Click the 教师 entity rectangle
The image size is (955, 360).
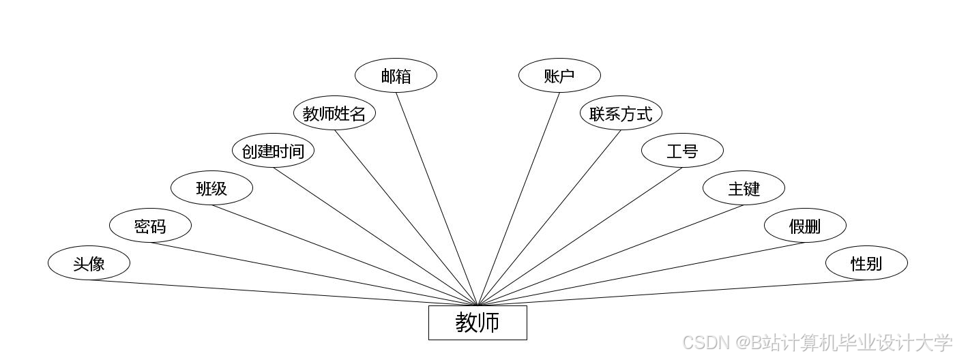click(x=477, y=322)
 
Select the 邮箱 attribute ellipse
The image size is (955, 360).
click(x=396, y=76)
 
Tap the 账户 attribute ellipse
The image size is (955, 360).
click(x=559, y=76)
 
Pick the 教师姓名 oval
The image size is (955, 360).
click(x=334, y=113)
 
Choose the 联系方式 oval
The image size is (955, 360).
click(x=621, y=113)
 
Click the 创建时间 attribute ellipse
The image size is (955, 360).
click(x=273, y=151)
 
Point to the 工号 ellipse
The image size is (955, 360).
click(x=682, y=151)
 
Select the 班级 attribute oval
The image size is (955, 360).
click(x=211, y=188)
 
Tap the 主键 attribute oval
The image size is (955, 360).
click(x=744, y=188)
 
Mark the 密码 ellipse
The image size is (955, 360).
click(x=150, y=226)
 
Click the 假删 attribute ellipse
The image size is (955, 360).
click(x=805, y=226)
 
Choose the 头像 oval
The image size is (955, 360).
click(x=89, y=263)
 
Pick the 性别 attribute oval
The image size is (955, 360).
click(x=866, y=263)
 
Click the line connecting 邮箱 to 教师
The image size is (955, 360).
click(x=437, y=198)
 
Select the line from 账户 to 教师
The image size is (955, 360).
click(x=518, y=198)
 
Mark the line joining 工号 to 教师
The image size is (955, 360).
click(x=580, y=237)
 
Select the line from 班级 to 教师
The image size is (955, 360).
click(x=344, y=255)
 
